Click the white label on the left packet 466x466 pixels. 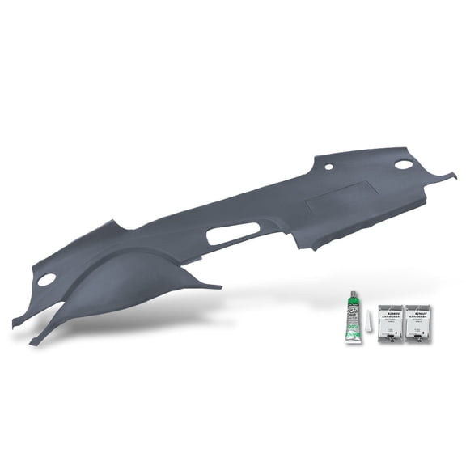click(392, 311)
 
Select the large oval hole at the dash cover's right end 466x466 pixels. click(404, 164)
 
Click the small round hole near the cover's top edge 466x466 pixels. click(328, 167)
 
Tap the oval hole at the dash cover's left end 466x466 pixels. click(47, 279)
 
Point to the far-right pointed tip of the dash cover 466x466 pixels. click(455, 172)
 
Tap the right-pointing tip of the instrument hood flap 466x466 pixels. click(219, 286)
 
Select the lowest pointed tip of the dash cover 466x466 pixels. click(32, 344)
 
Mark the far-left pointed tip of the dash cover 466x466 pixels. click(14, 324)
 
